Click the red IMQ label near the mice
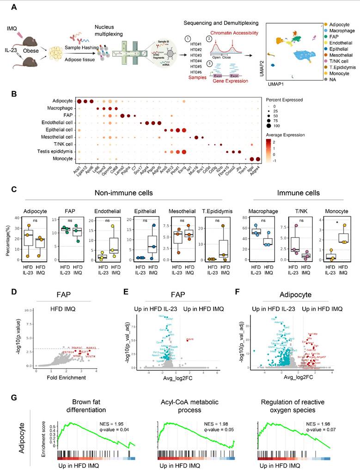click(x=12, y=29)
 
